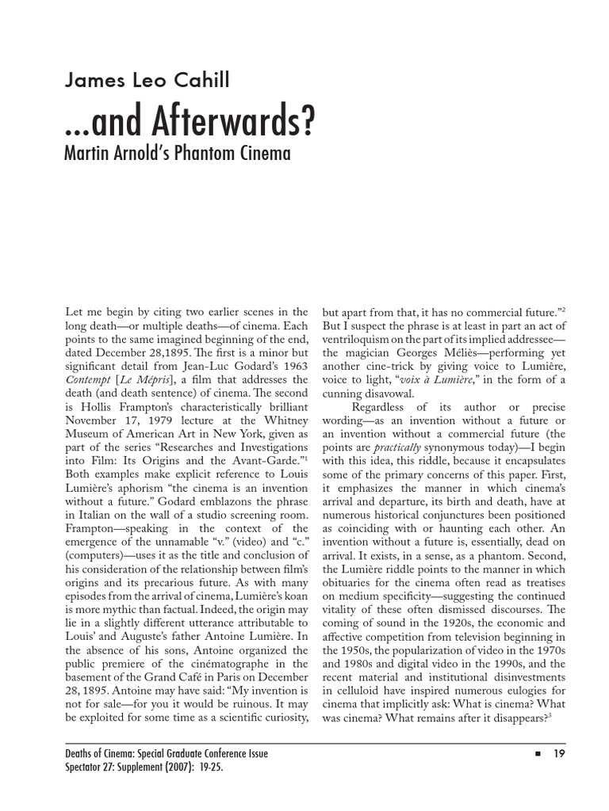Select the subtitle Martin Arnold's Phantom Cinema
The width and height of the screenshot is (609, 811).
[x=177, y=153]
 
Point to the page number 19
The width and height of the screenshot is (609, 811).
[x=559, y=753]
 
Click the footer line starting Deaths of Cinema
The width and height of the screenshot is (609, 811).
[x=166, y=753]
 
